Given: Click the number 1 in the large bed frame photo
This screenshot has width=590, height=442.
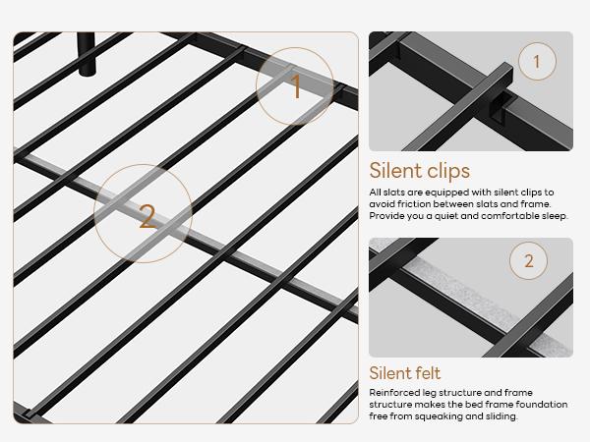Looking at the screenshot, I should click(x=296, y=87).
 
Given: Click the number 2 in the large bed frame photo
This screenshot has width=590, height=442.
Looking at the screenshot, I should click(x=147, y=216).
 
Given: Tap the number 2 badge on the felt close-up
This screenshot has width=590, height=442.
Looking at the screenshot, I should click(x=529, y=261).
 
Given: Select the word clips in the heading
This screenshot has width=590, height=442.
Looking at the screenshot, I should click(x=446, y=171).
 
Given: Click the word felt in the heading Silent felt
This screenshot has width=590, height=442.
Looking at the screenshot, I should click(x=424, y=373).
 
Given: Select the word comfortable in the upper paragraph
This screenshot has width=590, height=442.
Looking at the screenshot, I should click(x=501, y=215).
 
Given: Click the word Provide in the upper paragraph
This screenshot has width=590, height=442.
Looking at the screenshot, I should click(x=387, y=215).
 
